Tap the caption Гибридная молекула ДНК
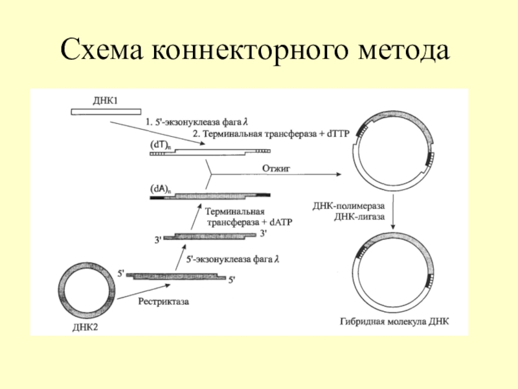(393, 321)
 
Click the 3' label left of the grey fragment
(158, 241)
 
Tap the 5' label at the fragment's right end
(232, 281)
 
